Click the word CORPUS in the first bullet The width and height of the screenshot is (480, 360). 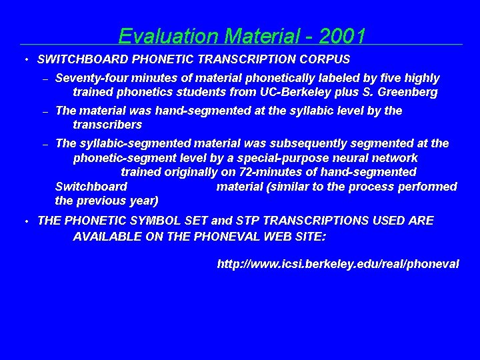click(x=326, y=59)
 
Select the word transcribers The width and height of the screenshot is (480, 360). click(x=107, y=125)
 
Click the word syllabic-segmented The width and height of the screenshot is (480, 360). click(x=134, y=143)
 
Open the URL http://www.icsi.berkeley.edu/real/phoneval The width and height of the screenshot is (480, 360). click(x=338, y=264)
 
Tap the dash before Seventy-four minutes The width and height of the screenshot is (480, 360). click(x=45, y=79)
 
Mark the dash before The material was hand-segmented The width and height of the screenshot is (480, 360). click(x=45, y=111)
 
